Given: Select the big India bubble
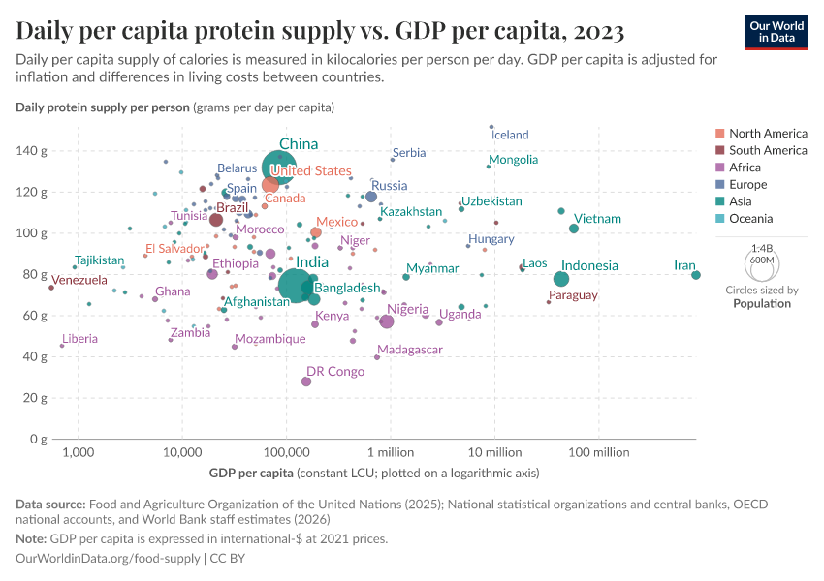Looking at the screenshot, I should pos(294,285).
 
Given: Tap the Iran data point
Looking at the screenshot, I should pos(696,275).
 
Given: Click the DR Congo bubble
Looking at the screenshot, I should pos(306,382).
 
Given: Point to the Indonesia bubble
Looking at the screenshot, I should pos(561,279).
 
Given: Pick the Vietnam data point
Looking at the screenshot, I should pos(574,229).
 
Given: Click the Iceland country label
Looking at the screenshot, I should pos(511,136).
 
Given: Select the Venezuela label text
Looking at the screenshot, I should pos(79,281).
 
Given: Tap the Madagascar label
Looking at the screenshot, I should pos(410,350).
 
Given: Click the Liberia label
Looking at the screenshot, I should pos(79,339).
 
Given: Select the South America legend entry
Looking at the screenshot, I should pos(768,150).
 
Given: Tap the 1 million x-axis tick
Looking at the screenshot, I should pos(391,453).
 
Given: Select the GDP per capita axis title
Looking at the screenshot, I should pos(251,474).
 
